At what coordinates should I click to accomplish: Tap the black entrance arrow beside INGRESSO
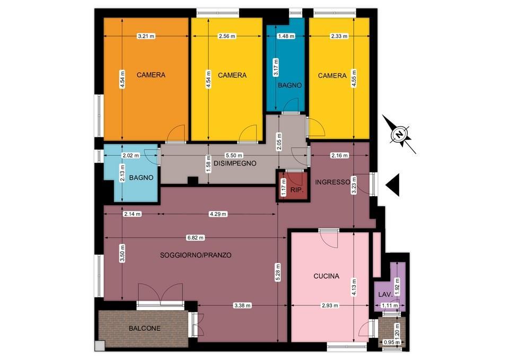(x=393, y=185)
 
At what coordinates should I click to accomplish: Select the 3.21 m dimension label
(x=146, y=36)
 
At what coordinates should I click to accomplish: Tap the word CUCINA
(x=326, y=276)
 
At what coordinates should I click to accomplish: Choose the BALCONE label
(x=144, y=328)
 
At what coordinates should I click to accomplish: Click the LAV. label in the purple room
(x=385, y=295)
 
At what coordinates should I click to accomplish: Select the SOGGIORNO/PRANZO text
(x=196, y=255)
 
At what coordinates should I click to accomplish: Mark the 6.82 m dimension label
(x=196, y=238)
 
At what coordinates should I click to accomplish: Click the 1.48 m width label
(x=286, y=36)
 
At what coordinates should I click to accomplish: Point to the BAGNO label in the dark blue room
(x=290, y=85)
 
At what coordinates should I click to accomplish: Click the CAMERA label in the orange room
(x=151, y=75)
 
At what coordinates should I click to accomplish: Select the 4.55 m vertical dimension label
(x=354, y=79)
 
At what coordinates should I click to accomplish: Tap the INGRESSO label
(x=332, y=182)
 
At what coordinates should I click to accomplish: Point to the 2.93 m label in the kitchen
(x=330, y=305)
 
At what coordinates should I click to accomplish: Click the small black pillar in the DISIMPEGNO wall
(x=193, y=180)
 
